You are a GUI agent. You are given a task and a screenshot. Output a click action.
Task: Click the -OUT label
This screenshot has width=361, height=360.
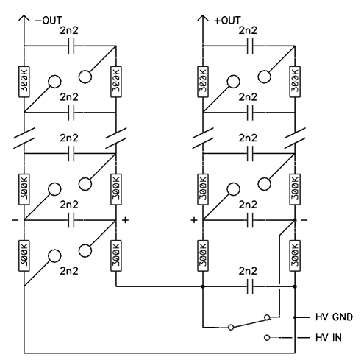[x=49, y=21]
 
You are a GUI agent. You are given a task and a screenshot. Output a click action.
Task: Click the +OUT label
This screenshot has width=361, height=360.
[x=227, y=21]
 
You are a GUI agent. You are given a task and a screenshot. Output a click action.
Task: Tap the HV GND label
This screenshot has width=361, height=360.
[x=334, y=317]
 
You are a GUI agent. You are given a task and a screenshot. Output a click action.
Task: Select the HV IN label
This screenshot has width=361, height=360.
[x=329, y=338]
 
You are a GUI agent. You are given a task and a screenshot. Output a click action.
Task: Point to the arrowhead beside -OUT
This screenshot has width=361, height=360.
[x=24, y=18]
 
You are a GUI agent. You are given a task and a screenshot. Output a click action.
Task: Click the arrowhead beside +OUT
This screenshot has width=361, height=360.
[x=203, y=18]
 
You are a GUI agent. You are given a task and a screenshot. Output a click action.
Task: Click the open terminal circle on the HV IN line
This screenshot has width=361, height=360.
[x=267, y=338]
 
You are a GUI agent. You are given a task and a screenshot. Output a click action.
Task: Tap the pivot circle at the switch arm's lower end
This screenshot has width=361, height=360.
[x=231, y=327]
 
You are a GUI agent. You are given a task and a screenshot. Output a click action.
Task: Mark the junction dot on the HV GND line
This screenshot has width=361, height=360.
[x=295, y=317]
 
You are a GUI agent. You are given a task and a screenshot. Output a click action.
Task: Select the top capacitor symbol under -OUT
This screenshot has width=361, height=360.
[x=71, y=46]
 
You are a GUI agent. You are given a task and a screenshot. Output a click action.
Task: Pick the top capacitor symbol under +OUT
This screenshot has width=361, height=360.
[x=250, y=46]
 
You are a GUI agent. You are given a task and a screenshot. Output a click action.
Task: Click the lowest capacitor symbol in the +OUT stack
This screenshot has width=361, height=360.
[x=250, y=286]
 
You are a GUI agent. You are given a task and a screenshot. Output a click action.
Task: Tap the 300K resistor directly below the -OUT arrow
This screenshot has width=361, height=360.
[x=24, y=82]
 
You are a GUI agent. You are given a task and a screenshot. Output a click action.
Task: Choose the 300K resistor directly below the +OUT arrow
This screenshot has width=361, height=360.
[x=203, y=82]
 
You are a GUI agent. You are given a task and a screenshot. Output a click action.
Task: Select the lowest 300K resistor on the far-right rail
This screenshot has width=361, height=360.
[x=295, y=255]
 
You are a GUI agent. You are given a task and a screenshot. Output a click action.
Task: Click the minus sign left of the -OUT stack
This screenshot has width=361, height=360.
[x=15, y=220]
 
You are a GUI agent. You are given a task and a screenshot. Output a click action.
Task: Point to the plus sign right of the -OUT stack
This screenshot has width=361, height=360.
[x=125, y=220]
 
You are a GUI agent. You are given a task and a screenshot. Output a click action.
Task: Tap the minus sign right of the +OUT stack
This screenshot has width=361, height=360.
[x=304, y=220]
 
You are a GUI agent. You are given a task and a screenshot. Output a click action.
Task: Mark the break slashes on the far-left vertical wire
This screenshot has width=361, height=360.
[x=24, y=138]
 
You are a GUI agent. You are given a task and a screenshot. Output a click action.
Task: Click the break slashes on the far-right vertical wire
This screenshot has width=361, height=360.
[x=295, y=138]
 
